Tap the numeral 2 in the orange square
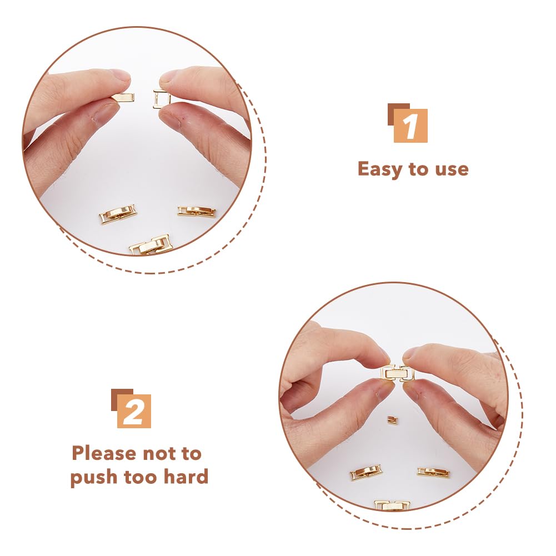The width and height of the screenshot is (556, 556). point(133,412)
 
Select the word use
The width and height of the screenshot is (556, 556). point(452,169)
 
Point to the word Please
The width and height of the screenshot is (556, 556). point(104,454)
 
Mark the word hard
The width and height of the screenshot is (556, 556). point(186,476)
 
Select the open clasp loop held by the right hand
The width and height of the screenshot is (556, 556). point(161,99)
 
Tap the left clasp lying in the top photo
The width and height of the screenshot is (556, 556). point(118,214)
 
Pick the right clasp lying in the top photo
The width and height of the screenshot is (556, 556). point(197,211)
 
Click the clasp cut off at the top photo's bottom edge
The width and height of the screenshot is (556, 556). point(149,244)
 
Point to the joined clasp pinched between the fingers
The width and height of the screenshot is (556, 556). point(397,373)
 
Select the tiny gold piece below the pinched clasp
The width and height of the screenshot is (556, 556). point(392,420)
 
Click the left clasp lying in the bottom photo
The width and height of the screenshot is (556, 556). point(366,473)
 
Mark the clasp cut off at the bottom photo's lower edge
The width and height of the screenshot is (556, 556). point(392,504)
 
